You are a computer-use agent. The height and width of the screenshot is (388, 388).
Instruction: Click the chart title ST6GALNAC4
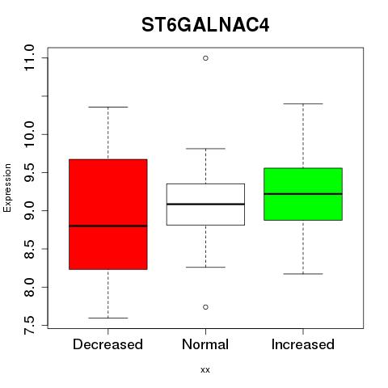coord(205,25)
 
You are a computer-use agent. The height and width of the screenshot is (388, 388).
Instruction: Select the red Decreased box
coord(108,214)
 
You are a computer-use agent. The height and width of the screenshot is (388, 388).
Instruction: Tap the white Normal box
coord(205,205)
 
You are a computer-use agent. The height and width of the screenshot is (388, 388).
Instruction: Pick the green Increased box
coord(303,194)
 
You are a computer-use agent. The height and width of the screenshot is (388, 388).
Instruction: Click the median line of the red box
coord(108,226)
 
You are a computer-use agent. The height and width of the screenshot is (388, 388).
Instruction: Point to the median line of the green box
coord(303,194)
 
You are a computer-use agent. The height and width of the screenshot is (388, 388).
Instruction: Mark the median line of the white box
coord(205,204)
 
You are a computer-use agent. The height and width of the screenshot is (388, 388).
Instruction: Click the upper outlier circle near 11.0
coord(205,58)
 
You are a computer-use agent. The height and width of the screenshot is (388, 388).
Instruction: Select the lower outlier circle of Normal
coord(205,307)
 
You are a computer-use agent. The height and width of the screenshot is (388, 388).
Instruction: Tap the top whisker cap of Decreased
coord(108,107)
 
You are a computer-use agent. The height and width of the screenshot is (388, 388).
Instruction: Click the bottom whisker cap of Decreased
coord(108,318)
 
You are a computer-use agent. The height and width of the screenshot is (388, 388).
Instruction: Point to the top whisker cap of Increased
coord(303,103)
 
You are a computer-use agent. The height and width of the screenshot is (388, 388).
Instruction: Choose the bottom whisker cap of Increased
coord(303,274)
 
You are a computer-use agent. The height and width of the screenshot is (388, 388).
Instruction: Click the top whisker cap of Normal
coord(205,149)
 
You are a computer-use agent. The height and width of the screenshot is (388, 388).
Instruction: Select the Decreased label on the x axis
coord(108,344)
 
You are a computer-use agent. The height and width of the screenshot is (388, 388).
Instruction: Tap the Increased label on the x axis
coord(303,344)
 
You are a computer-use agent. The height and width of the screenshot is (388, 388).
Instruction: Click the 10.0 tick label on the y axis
coord(29,134)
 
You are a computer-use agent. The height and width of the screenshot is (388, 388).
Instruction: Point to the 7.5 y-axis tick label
coord(29,325)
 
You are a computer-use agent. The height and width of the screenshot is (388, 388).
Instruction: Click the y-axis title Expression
coord(7,188)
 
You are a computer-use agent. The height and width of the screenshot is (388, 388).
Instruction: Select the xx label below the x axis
coord(205,370)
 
